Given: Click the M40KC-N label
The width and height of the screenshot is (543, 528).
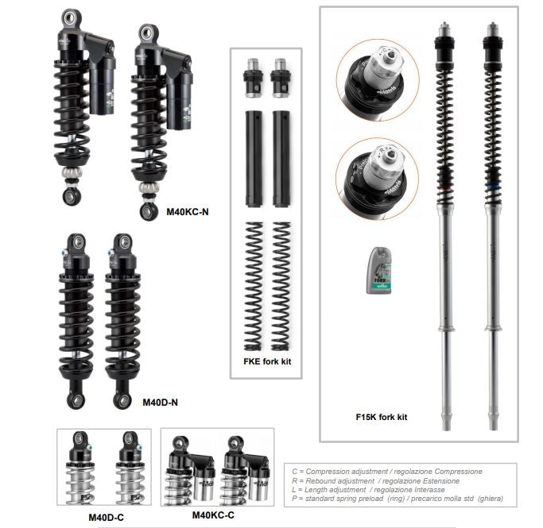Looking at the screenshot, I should (x=187, y=212).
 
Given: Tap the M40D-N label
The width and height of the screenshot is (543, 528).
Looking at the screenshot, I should (x=160, y=402).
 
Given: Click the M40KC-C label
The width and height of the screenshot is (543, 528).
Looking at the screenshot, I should (x=214, y=515).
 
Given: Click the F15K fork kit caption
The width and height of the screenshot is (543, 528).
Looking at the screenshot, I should (x=382, y=415).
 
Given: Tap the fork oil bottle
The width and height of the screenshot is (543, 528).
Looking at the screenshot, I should (x=378, y=270).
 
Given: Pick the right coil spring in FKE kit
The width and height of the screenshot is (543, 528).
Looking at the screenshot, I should (x=281, y=286).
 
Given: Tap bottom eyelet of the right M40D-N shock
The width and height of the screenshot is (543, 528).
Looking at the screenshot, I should (x=122, y=399).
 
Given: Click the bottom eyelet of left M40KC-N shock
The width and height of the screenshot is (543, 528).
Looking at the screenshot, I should (x=69, y=195).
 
